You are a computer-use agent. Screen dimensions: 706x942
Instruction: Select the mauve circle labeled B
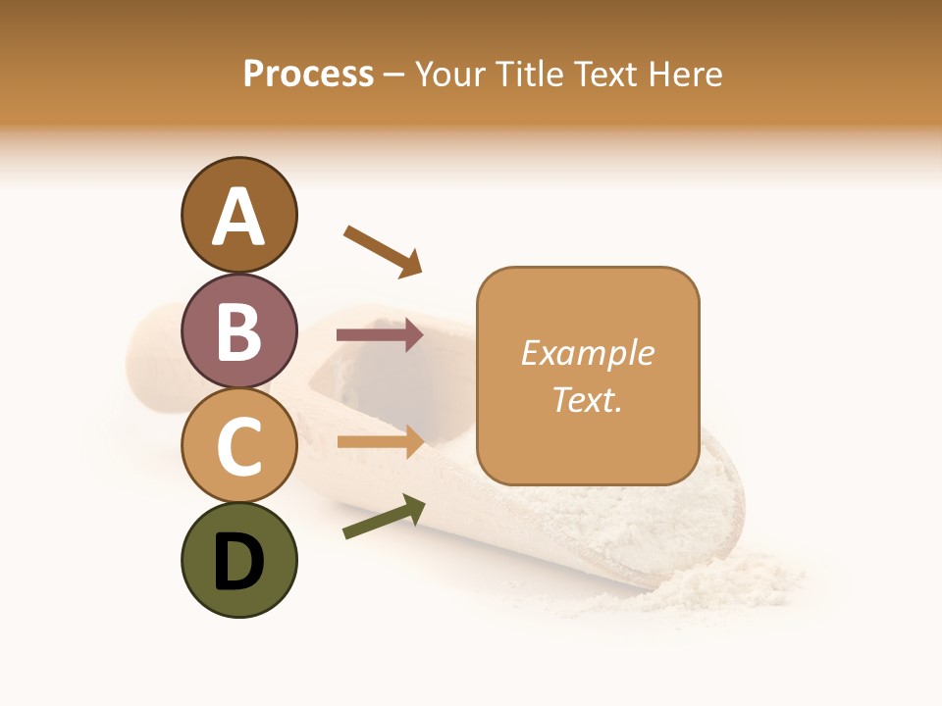click(x=238, y=330)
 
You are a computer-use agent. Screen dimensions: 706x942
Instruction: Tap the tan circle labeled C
click(x=238, y=445)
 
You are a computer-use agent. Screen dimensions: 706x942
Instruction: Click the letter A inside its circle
click(x=238, y=218)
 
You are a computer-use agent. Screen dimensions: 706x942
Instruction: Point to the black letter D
click(x=238, y=563)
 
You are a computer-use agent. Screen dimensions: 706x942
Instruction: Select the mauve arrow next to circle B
click(x=379, y=335)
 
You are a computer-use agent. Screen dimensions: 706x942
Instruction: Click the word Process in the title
click(x=308, y=74)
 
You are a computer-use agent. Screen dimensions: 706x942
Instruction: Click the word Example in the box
click(x=587, y=353)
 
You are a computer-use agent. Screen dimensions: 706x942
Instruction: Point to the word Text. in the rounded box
click(x=587, y=400)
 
